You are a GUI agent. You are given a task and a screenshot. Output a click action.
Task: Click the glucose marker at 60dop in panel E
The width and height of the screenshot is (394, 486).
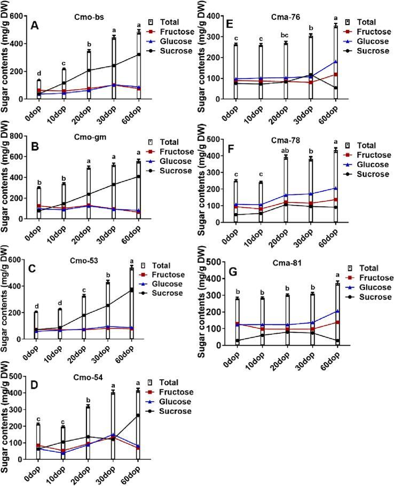click(336, 61)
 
